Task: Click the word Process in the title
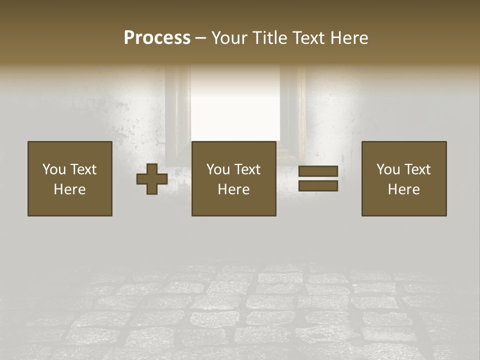pyautogui.click(x=157, y=38)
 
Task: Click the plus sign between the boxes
pyautogui.click(x=152, y=179)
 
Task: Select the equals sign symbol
pyautogui.click(x=318, y=178)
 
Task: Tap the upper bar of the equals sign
pyautogui.click(x=318, y=171)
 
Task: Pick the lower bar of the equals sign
pyautogui.click(x=318, y=186)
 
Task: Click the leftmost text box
pyautogui.click(x=70, y=178)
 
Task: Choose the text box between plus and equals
pyautogui.click(x=234, y=178)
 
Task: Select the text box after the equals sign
pyautogui.click(x=404, y=178)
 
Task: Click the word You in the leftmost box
pyautogui.click(x=54, y=169)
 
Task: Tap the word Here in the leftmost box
pyautogui.click(x=70, y=189)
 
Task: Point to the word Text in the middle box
pyautogui.click(x=247, y=169)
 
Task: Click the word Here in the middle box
pyautogui.click(x=234, y=189)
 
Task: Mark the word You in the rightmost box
pyautogui.click(x=388, y=169)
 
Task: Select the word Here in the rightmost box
pyautogui.click(x=404, y=189)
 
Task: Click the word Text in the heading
pyautogui.click(x=309, y=38)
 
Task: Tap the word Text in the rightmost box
pyautogui.click(x=417, y=169)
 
